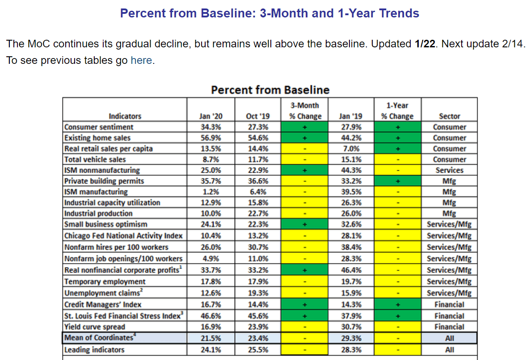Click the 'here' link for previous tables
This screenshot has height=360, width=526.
141,60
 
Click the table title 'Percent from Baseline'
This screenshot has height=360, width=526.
270,90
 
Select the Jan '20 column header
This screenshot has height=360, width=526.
210,116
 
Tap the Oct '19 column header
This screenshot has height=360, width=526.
257,116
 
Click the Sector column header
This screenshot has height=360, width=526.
450,116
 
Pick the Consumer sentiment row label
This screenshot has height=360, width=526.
99,127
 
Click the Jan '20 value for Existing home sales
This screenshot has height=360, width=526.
210,138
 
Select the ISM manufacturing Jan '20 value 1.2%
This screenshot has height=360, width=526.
210,192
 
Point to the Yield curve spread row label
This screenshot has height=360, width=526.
95,327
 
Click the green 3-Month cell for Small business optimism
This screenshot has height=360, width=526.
305,224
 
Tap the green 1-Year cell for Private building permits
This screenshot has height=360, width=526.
398,181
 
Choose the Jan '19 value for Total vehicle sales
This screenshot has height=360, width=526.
351,159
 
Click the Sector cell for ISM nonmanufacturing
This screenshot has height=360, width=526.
450,170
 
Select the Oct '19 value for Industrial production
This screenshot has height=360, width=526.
258,213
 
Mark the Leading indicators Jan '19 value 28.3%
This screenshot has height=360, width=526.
351,350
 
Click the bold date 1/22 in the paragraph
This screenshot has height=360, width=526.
425,44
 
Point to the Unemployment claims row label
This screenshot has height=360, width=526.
104,293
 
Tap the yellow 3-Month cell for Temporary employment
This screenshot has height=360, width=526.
305,281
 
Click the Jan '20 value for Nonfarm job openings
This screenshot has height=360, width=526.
210,259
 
